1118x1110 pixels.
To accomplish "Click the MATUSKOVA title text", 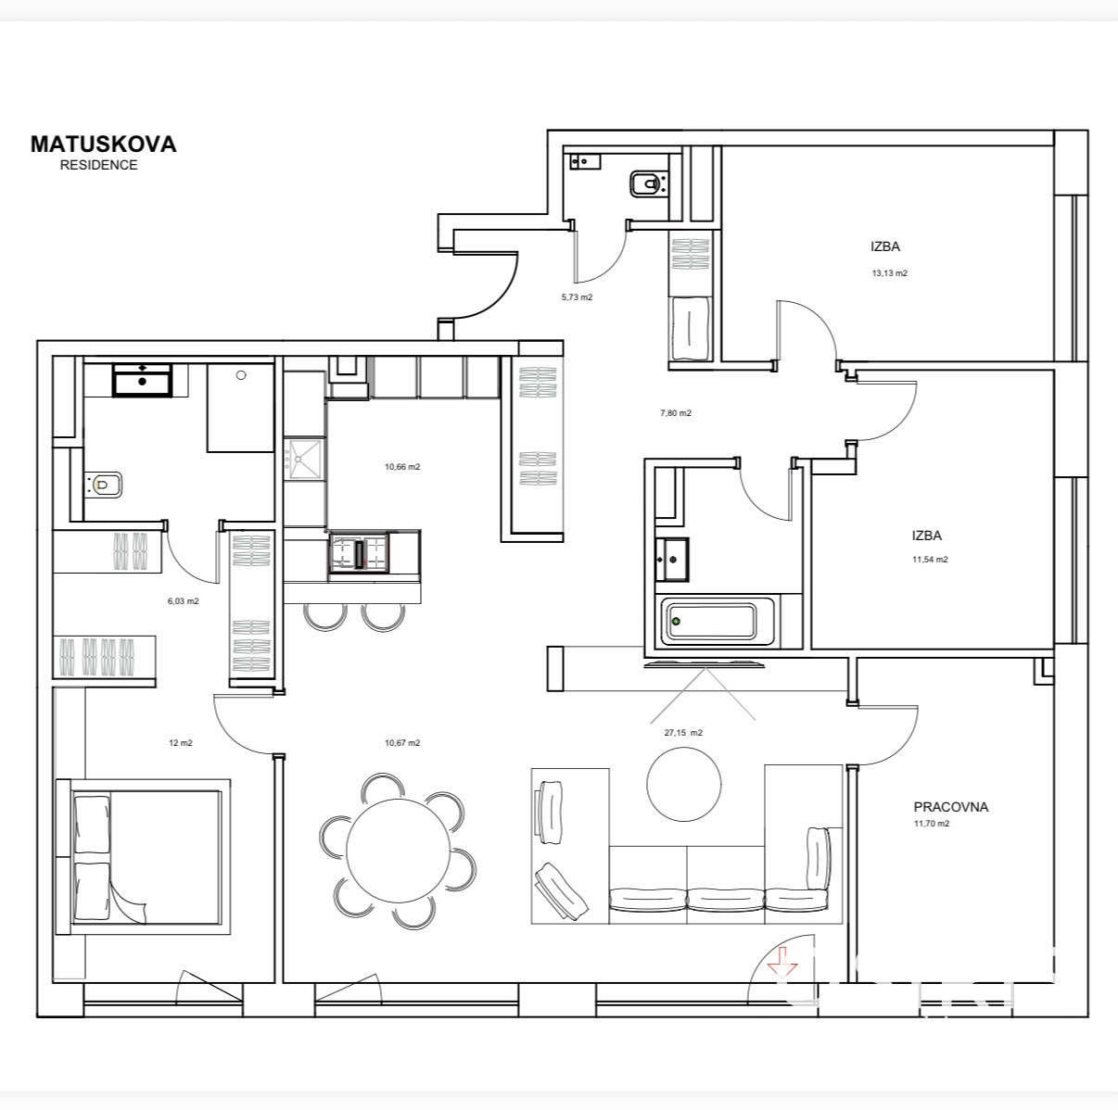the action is coord(103,145).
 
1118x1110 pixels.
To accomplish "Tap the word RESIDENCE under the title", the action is coord(98,165).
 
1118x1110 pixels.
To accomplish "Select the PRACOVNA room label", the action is coord(951,807).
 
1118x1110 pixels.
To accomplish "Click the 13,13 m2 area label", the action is coord(889,273).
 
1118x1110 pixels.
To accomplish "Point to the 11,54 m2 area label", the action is coord(930,560).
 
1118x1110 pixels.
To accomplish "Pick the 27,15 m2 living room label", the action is coord(683,733).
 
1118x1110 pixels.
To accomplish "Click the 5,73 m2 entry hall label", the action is coord(577,296).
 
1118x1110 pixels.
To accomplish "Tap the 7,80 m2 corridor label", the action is coord(676,413).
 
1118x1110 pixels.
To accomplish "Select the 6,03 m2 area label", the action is coord(184,600).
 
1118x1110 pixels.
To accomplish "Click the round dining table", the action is coord(398,851).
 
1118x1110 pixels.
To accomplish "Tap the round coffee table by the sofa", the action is coord(684,784).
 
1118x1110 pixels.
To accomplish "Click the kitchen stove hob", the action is coord(359,553).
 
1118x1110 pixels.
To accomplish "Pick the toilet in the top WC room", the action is coord(647,184).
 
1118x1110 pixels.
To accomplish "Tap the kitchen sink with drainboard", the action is coord(303,460).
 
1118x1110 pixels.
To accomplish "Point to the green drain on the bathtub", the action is coord(676,622).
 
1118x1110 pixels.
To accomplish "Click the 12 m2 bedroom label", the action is coord(181,742).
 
